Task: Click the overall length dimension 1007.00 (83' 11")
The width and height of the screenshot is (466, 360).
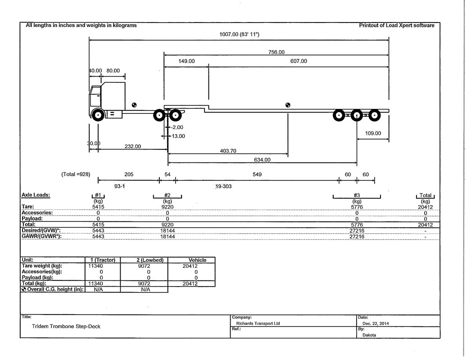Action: (239, 35)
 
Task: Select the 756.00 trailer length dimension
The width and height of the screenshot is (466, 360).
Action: (276, 52)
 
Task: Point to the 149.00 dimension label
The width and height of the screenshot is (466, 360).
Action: (186, 61)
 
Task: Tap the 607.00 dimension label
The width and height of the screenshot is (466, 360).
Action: (299, 61)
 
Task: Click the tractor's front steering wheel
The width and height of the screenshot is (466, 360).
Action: (98, 115)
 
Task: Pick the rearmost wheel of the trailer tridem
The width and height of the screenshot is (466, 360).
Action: (375, 115)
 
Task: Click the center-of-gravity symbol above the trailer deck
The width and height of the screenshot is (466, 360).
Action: (288, 105)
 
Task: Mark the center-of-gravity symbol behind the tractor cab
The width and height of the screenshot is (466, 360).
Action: (134, 105)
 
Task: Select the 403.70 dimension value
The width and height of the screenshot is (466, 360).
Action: (228, 151)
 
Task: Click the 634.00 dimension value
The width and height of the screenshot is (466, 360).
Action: (262, 160)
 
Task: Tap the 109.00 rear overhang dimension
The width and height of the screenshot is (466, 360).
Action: (373, 133)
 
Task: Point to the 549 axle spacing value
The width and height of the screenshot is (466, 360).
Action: (257, 174)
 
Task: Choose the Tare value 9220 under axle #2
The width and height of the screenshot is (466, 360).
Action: (167, 207)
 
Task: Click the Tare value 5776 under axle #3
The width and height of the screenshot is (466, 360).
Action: (357, 207)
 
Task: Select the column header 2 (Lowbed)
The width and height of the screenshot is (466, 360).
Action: (145, 260)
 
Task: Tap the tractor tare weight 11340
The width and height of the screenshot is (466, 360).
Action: (96, 266)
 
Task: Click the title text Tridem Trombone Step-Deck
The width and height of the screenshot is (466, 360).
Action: (66, 326)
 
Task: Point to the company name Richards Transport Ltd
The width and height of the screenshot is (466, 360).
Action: (258, 324)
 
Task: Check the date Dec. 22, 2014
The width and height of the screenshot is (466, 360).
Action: (376, 324)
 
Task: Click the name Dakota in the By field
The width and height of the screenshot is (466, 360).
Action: (369, 335)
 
